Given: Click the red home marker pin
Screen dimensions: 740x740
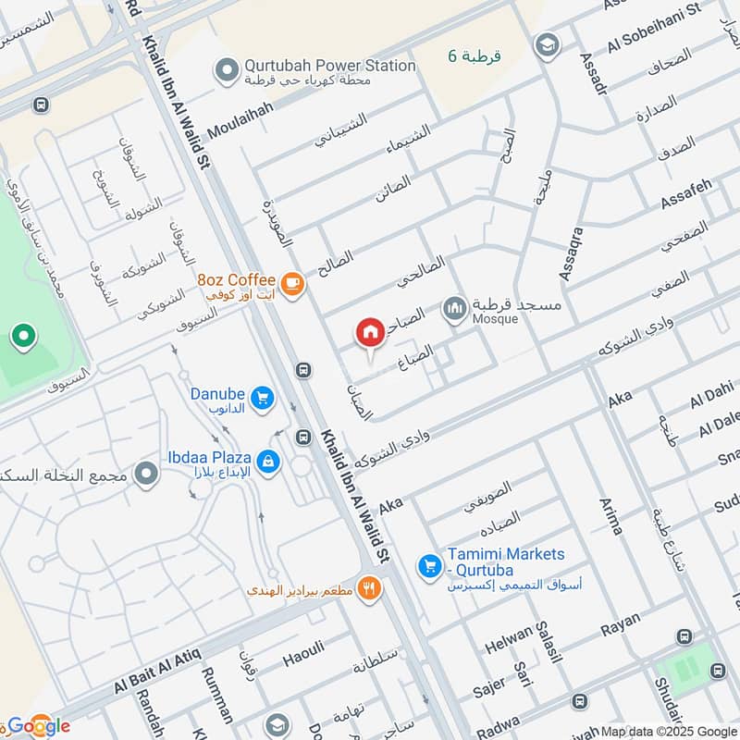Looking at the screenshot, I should point(370,332).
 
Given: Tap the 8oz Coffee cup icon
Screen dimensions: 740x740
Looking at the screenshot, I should point(291,284).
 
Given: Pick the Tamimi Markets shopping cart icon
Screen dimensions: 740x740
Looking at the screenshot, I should point(428,563).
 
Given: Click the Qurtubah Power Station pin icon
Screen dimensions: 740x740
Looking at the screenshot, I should point(225,68).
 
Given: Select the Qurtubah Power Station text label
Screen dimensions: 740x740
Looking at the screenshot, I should point(329,66).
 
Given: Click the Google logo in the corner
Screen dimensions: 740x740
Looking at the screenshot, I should point(37,725).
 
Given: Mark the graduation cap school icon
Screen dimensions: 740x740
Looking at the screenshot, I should point(547,43).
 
